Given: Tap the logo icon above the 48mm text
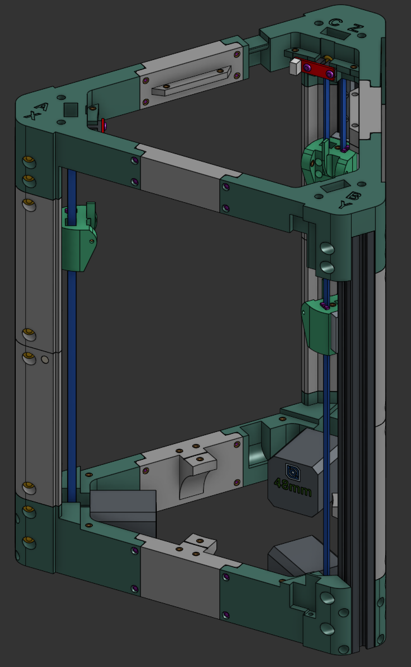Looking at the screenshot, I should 293,471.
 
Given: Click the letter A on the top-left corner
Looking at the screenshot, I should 41,107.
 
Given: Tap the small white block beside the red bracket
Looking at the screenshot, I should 295,66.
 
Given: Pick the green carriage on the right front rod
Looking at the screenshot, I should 321,324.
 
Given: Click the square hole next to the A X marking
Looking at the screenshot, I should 71,109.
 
